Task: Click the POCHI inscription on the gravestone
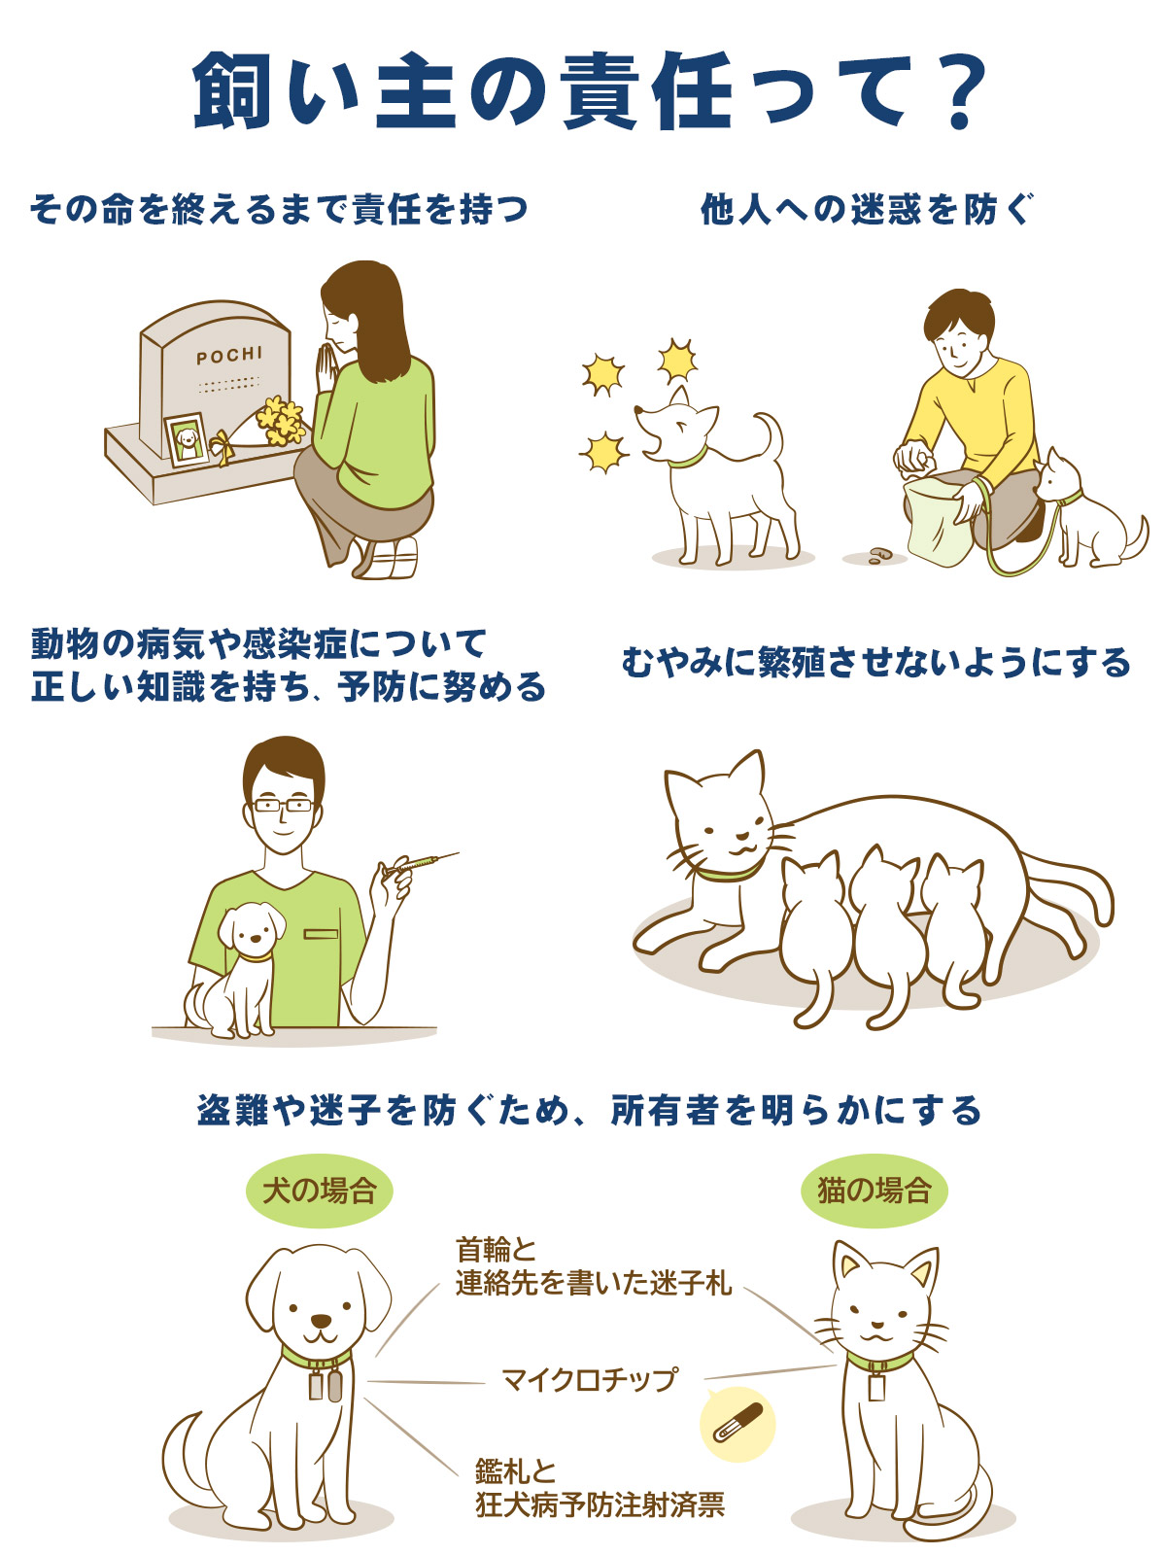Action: (x=229, y=356)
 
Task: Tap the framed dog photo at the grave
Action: (x=187, y=440)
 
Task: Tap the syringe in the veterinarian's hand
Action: (x=421, y=862)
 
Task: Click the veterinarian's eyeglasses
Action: (x=282, y=805)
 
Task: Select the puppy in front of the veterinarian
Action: (x=243, y=967)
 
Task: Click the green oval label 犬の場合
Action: (x=320, y=1191)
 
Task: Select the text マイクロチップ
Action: (x=589, y=1379)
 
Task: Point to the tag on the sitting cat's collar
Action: (x=876, y=1384)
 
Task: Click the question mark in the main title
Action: (x=957, y=93)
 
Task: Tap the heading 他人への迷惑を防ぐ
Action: (x=867, y=209)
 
